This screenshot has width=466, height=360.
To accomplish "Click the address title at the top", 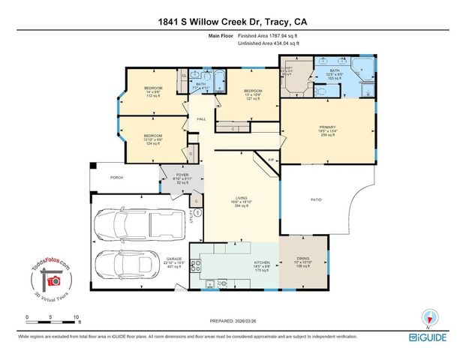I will tap(233, 22).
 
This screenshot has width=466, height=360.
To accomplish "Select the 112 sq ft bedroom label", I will tap(153, 92).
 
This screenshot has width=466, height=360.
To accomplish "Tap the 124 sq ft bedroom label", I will tap(153, 139).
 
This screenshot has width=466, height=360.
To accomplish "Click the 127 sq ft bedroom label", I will tap(251, 93).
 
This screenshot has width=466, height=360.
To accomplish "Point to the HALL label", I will tap(201, 119).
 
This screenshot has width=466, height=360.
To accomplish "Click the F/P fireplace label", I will tap(271, 160).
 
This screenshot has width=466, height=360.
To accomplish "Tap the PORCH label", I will tap(116, 178).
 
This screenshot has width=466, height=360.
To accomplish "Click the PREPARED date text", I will tap(232, 321).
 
